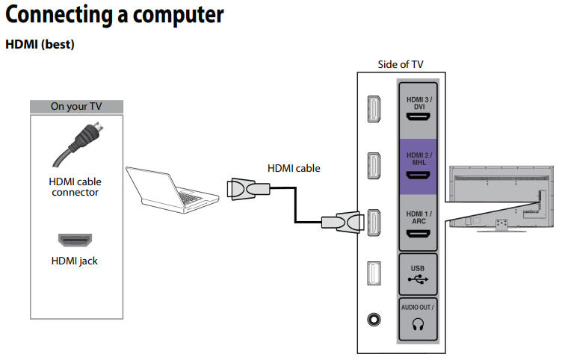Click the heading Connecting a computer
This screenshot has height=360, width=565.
[114, 14]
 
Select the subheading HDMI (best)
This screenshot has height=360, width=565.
[40, 45]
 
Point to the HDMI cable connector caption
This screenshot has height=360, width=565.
[75, 187]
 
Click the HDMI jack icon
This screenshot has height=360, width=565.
[75, 240]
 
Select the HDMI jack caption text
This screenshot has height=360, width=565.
[75, 261]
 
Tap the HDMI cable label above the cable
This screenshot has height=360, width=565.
[294, 168]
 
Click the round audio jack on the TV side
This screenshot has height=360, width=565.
[374, 317]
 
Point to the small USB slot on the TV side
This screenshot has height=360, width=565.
[374, 274]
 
